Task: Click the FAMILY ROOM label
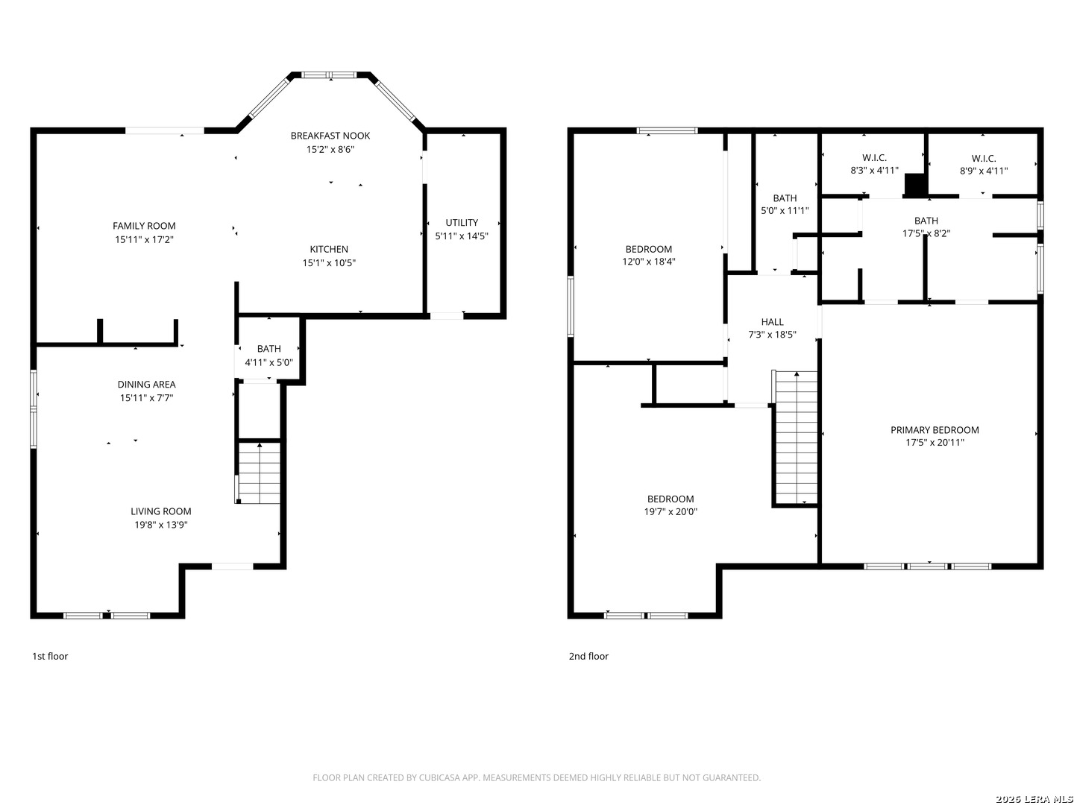point(144,226)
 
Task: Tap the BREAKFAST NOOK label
point(330,136)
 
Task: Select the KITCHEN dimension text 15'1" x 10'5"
point(329,263)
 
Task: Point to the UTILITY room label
point(462,223)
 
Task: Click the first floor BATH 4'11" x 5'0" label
point(269,356)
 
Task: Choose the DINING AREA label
point(147,385)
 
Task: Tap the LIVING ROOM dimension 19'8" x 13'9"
point(161,525)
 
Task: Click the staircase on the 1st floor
point(259,473)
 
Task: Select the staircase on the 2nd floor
point(795,438)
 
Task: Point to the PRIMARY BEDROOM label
point(935,430)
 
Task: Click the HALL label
point(772,322)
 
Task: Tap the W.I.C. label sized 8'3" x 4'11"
point(874,164)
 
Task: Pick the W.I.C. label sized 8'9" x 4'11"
point(984,165)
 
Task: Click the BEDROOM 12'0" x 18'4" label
point(649,255)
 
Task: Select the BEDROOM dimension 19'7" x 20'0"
point(671,512)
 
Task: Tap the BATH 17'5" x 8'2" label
point(926,227)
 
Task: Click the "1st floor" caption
point(50,657)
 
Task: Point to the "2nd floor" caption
point(588,657)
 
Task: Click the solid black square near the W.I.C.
point(915,185)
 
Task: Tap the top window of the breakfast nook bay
point(329,75)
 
